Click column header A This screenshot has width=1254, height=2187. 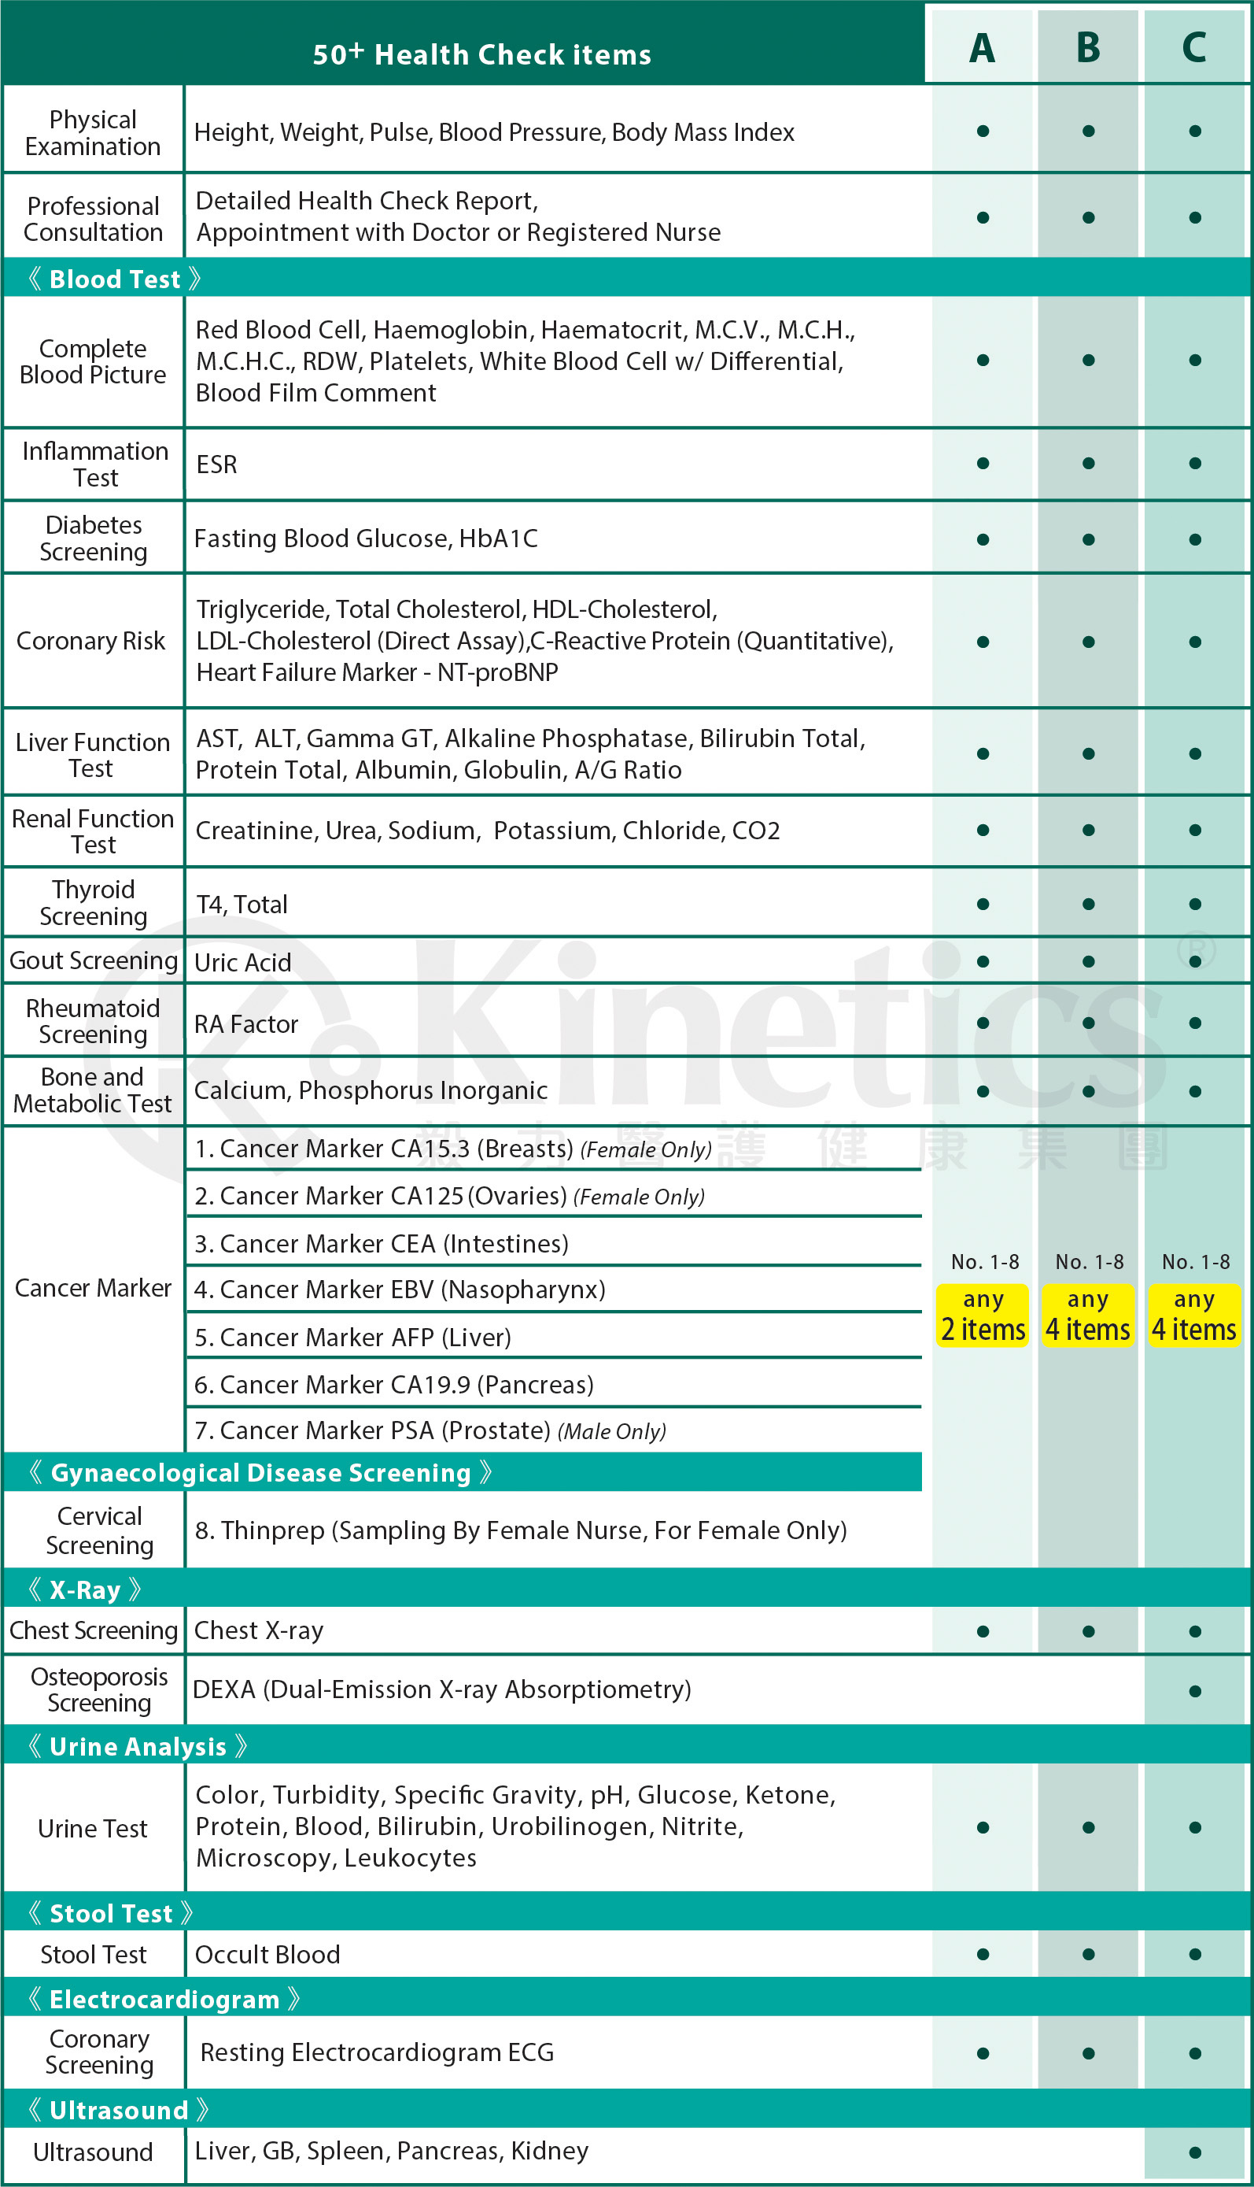[x=982, y=47]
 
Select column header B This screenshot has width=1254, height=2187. [x=1089, y=47]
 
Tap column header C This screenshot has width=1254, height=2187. [x=1194, y=47]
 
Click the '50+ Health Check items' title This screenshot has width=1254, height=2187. [x=481, y=54]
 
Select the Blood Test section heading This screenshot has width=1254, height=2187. [x=115, y=279]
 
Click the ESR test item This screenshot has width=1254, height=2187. [x=217, y=464]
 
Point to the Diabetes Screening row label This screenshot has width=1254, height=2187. [x=93, y=538]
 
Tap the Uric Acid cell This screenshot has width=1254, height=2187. [x=243, y=963]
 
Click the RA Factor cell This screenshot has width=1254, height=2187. [x=246, y=1024]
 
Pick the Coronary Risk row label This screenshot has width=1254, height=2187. [x=91, y=641]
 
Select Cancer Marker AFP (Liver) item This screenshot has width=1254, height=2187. [x=352, y=1338]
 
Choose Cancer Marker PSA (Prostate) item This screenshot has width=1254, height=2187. [x=430, y=1431]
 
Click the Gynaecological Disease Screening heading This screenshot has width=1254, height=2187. [x=261, y=1474]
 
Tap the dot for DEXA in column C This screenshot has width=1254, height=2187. [x=1194, y=1692]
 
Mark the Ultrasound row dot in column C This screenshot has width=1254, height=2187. [x=1194, y=2152]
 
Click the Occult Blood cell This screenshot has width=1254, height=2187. [x=267, y=1954]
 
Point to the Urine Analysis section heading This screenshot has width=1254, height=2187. [x=138, y=1747]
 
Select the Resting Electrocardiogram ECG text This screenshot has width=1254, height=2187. [x=376, y=2053]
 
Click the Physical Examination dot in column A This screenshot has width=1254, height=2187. [x=983, y=131]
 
